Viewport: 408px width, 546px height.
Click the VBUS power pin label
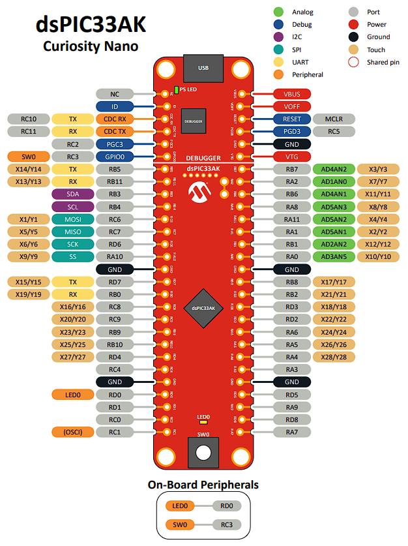[x=291, y=94]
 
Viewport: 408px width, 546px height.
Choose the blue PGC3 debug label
[x=115, y=144]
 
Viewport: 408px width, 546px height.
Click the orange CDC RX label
[x=115, y=119]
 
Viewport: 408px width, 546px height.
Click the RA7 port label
[x=291, y=432]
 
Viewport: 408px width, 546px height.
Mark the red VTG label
[x=291, y=157]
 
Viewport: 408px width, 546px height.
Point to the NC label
[x=115, y=94]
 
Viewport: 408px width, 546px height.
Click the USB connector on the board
[x=203, y=67]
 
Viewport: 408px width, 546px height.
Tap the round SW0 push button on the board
[x=203, y=452]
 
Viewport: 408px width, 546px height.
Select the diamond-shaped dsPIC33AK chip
[x=203, y=307]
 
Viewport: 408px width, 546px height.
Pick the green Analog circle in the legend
[x=278, y=12]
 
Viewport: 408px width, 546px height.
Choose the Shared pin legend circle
[x=354, y=62]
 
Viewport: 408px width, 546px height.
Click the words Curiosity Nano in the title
[x=91, y=46]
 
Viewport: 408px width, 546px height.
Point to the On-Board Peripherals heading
[x=203, y=485]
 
